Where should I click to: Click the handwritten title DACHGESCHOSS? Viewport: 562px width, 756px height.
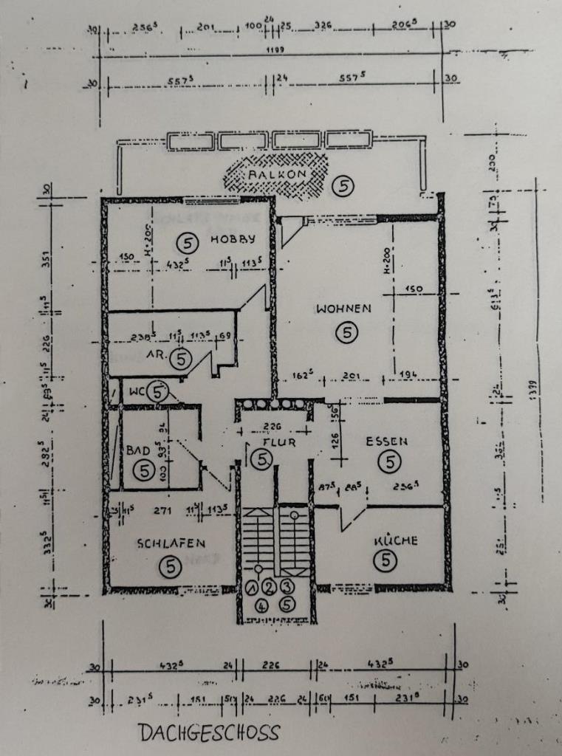(x=209, y=732)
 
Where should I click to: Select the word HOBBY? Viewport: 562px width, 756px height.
(x=233, y=238)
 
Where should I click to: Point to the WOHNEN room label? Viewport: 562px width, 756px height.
(x=343, y=309)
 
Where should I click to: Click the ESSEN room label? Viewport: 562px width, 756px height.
(x=387, y=441)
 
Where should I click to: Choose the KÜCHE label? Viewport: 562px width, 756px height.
(x=395, y=540)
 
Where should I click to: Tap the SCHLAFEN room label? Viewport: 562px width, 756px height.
(x=171, y=543)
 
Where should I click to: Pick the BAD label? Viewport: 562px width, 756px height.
(x=140, y=449)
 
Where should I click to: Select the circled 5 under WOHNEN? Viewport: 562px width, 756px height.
(x=345, y=334)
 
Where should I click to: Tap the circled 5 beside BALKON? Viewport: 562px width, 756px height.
(x=342, y=186)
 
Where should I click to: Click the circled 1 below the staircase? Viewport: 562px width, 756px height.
(x=253, y=588)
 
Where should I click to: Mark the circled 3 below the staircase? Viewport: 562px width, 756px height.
(x=287, y=587)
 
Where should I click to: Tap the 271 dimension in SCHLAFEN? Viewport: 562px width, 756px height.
(x=162, y=510)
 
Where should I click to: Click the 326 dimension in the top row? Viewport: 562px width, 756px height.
(x=323, y=27)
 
